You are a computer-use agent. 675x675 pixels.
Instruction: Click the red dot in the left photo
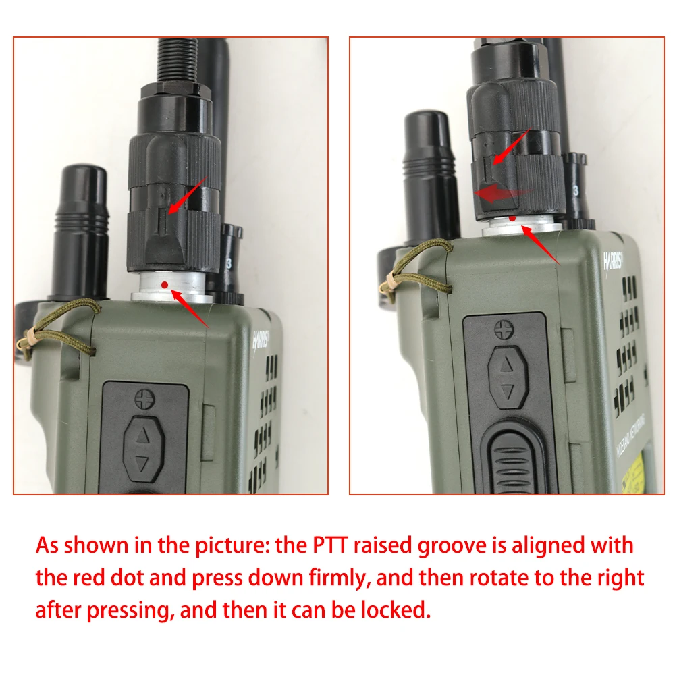click(164, 287)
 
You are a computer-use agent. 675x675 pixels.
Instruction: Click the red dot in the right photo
click(514, 219)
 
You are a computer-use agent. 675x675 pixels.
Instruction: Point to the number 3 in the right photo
click(575, 190)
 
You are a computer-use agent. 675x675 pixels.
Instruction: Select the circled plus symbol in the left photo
click(142, 400)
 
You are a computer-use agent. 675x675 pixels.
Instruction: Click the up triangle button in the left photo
click(142, 436)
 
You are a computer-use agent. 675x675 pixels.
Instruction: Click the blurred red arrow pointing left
click(500, 194)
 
